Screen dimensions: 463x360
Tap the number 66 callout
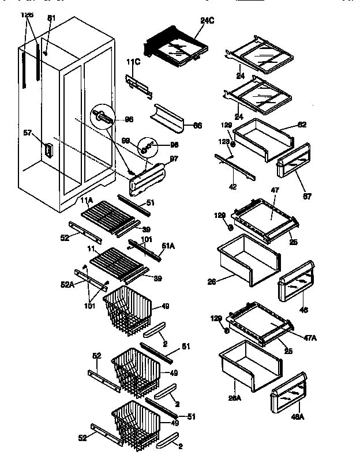point(197,125)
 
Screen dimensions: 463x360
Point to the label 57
point(27,133)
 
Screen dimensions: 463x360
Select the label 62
point(302,124)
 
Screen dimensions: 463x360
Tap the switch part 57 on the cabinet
point(48,150)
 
